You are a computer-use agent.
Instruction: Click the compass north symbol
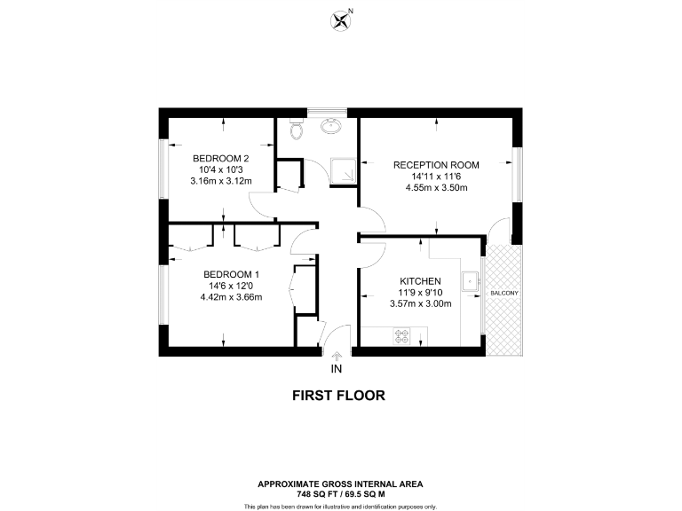(340, 19)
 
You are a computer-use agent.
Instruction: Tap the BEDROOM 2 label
(221, 158)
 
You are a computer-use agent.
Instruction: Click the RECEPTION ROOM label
(436, 164)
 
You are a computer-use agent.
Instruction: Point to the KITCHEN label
(420, 280)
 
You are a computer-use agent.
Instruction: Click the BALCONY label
(504, 293)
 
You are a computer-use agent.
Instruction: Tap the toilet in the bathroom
(297, 130)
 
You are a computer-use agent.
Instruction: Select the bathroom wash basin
(332, 125)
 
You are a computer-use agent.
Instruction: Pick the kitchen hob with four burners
(402, 336)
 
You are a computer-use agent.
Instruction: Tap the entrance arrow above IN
(337, 356)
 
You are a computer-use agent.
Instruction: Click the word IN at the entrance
(337, 369)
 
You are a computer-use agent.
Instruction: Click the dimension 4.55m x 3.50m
(436, 187)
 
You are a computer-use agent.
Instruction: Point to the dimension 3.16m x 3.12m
(221, 181)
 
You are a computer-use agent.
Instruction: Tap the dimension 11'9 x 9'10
(420, 292)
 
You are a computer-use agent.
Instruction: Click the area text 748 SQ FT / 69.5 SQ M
(340, 493)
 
